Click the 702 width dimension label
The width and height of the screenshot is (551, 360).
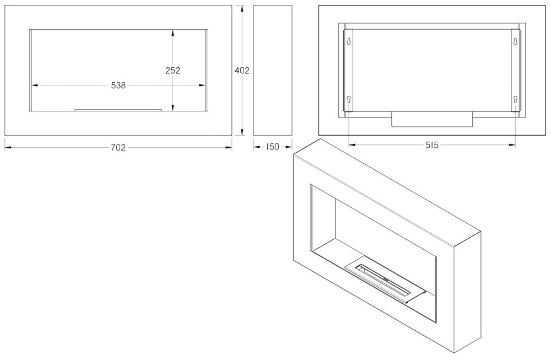tap(118, 148)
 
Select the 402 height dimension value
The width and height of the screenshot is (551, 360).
tap(242, 71)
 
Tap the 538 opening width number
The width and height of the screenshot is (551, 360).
tap(118, 85)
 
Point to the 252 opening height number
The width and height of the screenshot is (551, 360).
tap(172, 71)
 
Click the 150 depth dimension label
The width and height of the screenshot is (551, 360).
tap(272, 147)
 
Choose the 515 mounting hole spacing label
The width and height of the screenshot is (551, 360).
tap(432, 145)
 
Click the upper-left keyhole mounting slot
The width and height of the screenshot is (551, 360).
tap(348, 41)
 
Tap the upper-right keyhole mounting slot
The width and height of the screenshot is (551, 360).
tap(515, 41)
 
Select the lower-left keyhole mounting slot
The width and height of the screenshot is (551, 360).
tap(348, 99)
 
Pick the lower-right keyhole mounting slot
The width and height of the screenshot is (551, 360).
tap(515, 99)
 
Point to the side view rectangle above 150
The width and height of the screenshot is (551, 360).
tap(273, 70)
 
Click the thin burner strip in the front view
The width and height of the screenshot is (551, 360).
tap(118, 110)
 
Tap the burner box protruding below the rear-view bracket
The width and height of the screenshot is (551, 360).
tap(432, 119)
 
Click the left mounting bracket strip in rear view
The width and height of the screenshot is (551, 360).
tap(348, 71)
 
